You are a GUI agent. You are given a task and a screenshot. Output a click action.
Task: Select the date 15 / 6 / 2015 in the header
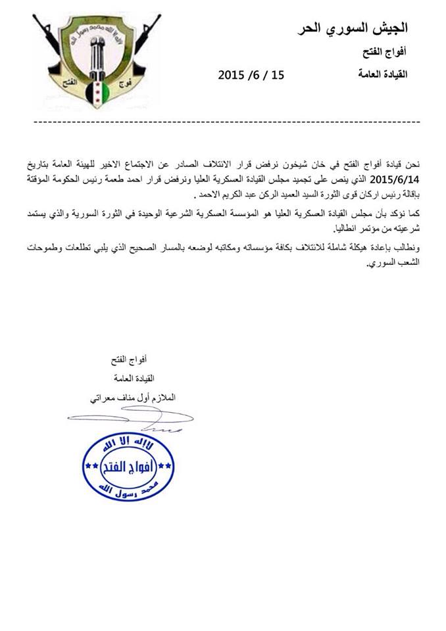click(x=251, y=76)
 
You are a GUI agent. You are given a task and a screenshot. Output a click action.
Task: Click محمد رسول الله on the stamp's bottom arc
click(x=130, y=489)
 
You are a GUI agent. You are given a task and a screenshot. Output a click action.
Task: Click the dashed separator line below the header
click(x=223, y=122)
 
